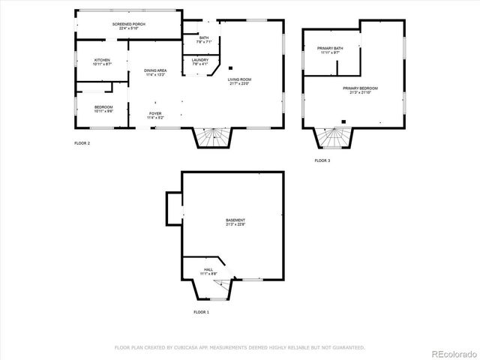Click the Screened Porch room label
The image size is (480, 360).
[129, 25]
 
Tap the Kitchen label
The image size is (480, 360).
[102, 60]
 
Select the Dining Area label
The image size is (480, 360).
[155, 70]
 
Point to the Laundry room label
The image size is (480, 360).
[199, 60]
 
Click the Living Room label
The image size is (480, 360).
[240, 79]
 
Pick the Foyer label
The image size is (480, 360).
[155, 113]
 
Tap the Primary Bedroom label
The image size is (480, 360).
[360, 88]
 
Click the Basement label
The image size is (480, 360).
[235, 220]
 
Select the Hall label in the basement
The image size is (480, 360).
[208, 270]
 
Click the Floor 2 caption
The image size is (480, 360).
[82, 142]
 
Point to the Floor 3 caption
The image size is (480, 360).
[322, 160]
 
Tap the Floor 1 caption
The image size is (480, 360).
[201, 311]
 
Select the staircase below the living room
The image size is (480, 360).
[213, 137]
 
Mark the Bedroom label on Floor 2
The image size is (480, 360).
[103, 106]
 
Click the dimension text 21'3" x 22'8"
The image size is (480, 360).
[235, 224]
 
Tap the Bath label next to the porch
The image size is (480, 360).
[203, 37]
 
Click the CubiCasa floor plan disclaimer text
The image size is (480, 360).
[239, 347]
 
